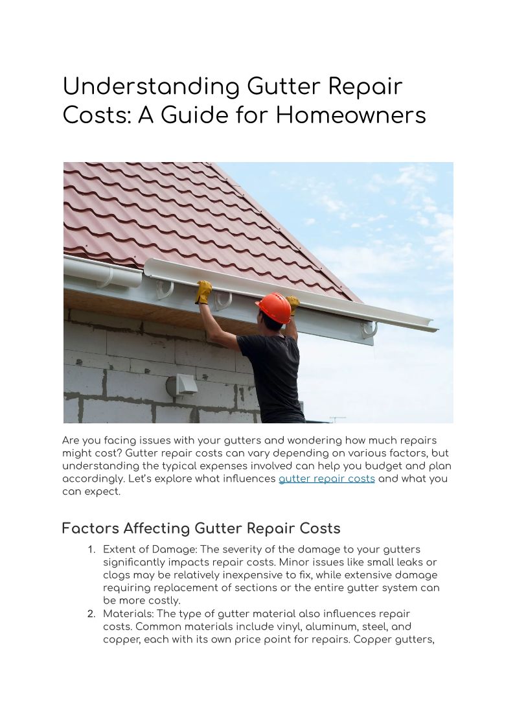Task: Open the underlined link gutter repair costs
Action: pyautogui.click(x=326, y=479)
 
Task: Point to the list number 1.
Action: pyautogui.click(x=91, y=550)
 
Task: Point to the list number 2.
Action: pyautogui.click(x=91, y=613)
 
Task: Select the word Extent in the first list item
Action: pyautogui.click(x=118, y=550)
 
